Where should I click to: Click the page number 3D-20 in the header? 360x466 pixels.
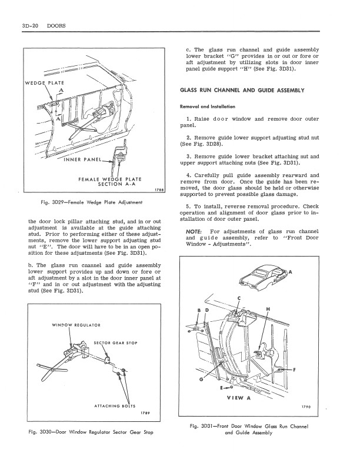click(x=31, y=26)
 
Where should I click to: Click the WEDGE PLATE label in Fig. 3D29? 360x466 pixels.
click(x=45, y=83)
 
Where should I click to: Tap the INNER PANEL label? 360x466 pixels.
click(x=83, y=159)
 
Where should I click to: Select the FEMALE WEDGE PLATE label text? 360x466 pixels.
click(x=110, y=179)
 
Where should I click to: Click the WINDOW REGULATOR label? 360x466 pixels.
click(x=76, y=325)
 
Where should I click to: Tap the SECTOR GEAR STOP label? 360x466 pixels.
click(x=115, y=343)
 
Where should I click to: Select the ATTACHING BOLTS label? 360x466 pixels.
click(x=115, y=406)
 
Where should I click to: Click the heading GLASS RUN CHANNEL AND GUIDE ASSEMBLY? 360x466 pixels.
click(x=242, y=91)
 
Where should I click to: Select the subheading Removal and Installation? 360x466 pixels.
click(x=208, y=106)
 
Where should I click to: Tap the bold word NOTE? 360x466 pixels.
click(x=194, y=231)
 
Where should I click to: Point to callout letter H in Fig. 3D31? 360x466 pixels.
click(x=268, y=309)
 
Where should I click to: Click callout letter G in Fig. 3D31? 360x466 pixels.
click(x=201, y=380)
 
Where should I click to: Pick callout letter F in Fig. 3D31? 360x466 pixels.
click(x=294, y=370)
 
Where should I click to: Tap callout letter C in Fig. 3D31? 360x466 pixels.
click(x=239, y=298)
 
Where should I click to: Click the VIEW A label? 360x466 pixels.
click(x=239, y=398)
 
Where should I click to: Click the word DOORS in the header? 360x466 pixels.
click(x=56, y=26)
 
